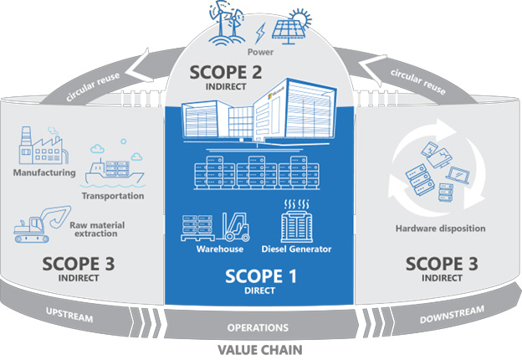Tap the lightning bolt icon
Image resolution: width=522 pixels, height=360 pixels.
[x=260, y=33]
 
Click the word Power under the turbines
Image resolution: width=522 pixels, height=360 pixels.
[x=260, y=52]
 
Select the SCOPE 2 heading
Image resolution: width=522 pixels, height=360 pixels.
[x=226, y=72]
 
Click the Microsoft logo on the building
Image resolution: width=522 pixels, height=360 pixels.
[x=270, y=96]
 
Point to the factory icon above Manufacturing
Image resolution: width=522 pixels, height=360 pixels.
[x=43, y=145]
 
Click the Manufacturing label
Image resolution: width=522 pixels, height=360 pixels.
[x=44, y=172]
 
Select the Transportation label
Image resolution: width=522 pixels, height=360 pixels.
[x=113, y=196]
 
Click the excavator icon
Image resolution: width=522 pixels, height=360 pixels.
[x=42, y=224]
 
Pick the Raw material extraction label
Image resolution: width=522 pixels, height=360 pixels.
[x=97, y=229]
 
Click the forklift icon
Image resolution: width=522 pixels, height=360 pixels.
[x=236, y=227]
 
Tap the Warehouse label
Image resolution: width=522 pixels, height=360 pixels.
[x=220, y=249]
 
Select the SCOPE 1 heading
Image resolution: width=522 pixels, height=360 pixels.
[x=260, y=276]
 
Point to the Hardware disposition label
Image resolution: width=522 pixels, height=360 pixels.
[x=440, y=229]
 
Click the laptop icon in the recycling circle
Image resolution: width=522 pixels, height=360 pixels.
[x=458, y=175]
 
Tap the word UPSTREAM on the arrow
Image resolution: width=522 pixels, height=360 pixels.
[x=69, y=315]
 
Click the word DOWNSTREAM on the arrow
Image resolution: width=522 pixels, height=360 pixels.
[x=452, y=315]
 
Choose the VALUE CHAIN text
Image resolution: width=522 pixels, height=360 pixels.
[x=260, y=350]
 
